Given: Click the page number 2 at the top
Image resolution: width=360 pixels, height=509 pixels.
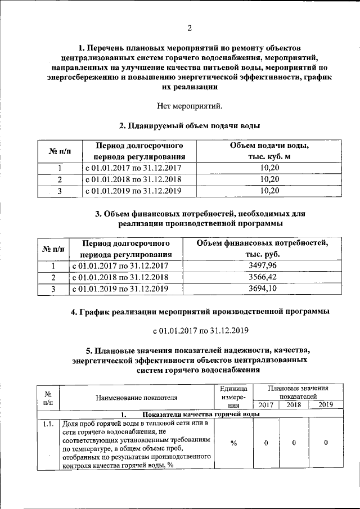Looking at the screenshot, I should click(189, 28).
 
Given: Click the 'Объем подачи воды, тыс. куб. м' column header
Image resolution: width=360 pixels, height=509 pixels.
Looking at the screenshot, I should click(270, 151).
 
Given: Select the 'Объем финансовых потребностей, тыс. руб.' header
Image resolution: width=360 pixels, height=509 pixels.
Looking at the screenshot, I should click(262, 249).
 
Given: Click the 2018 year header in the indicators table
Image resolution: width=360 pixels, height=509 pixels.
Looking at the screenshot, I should click(294, 404).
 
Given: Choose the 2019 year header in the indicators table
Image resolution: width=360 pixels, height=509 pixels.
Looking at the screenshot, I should click(325, 404).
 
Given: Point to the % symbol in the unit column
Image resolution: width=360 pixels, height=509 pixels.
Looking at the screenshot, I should click(233, 443).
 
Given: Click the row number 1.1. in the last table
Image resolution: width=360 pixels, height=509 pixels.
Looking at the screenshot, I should click(48, 424).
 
